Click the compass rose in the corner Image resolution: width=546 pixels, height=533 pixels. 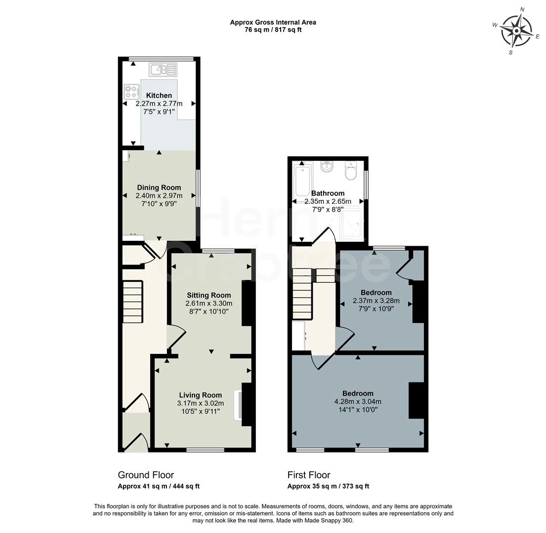click(516, 30)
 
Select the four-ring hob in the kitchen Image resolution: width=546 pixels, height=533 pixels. click(131, 92)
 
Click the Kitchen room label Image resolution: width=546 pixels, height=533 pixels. click(159, 95)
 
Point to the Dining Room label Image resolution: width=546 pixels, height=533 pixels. click(159, 188)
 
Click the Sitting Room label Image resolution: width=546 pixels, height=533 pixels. click(209, 295)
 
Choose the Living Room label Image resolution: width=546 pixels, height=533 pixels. click(200, 395)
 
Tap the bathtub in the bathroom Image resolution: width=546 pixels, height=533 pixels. click(301, 181)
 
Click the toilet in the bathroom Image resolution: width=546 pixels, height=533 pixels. click(351, 172)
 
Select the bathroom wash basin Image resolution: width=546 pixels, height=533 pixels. click(327, 168)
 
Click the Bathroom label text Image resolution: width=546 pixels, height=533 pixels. click(328, 193)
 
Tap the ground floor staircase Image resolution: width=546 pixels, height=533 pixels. click(132, 302)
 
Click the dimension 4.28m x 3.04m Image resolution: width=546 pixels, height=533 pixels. click(357, 401)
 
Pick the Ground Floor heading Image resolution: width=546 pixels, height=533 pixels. click(146, 475)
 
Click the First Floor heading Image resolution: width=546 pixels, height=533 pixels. click(309, 475)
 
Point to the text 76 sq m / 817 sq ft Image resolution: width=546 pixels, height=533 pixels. click(273, 30)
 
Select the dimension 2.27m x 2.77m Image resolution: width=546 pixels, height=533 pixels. click(159, 104)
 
